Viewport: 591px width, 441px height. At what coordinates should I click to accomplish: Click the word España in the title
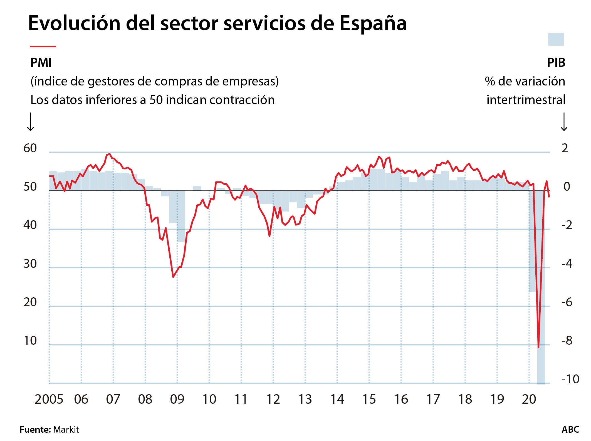373,23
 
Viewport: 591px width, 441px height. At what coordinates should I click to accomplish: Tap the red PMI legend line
43,46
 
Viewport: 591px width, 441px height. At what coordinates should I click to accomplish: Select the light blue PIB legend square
556,39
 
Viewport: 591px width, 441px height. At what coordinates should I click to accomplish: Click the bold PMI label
41,63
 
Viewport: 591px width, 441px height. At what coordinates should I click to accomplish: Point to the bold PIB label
556,63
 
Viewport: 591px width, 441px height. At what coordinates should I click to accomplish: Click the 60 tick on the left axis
30,148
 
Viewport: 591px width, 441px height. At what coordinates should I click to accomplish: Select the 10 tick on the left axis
30,341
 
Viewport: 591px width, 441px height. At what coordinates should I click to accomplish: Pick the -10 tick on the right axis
570,379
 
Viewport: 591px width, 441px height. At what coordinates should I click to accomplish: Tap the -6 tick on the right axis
567,302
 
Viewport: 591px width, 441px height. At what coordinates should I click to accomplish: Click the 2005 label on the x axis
49,400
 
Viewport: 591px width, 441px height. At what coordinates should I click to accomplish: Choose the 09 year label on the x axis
177,400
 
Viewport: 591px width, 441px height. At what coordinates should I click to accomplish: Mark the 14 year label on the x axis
337,400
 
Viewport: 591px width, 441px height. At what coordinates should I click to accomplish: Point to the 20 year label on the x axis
529,400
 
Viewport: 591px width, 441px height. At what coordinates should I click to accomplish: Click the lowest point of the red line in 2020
538,347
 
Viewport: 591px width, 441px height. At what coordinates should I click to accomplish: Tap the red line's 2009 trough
173,277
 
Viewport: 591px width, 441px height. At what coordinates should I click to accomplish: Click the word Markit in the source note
66,430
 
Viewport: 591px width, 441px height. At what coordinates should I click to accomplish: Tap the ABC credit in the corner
570,430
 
